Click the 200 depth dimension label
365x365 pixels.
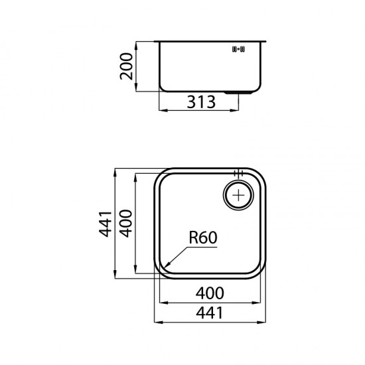pos(126,66)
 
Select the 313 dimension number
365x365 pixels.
pos(201,102)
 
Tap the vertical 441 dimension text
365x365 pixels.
pos(106,224)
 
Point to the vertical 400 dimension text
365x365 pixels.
pos(125,224)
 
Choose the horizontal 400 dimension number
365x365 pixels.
pos(210,293)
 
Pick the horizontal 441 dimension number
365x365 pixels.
pos(210,313)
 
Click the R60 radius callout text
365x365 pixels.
pos(203,238)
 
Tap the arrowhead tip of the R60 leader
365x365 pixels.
pos(165,267)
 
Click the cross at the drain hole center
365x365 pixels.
pos(239,195)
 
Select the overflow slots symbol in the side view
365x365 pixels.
pos(238,49)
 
